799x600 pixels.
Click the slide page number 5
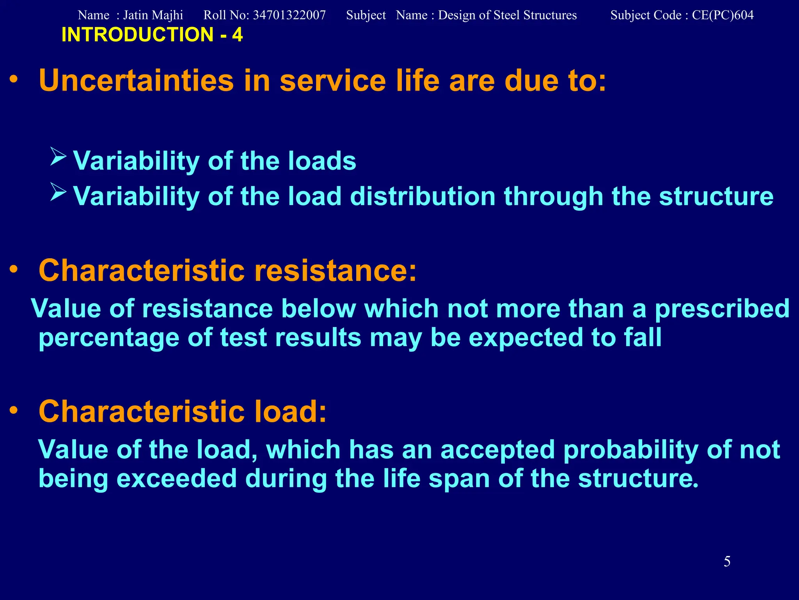727,561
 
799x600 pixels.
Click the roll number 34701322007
289,15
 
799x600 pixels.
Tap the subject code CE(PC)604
723,15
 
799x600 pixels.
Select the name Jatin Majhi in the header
153,15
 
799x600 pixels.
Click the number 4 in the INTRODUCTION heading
237,35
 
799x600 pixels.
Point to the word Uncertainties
136,80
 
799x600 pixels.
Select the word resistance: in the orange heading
335,270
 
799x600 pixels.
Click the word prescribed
722,309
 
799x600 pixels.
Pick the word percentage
109,338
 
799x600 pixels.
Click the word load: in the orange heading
290,411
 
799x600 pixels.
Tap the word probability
631,450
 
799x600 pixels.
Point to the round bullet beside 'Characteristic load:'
14,410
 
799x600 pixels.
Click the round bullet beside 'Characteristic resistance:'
14,269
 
